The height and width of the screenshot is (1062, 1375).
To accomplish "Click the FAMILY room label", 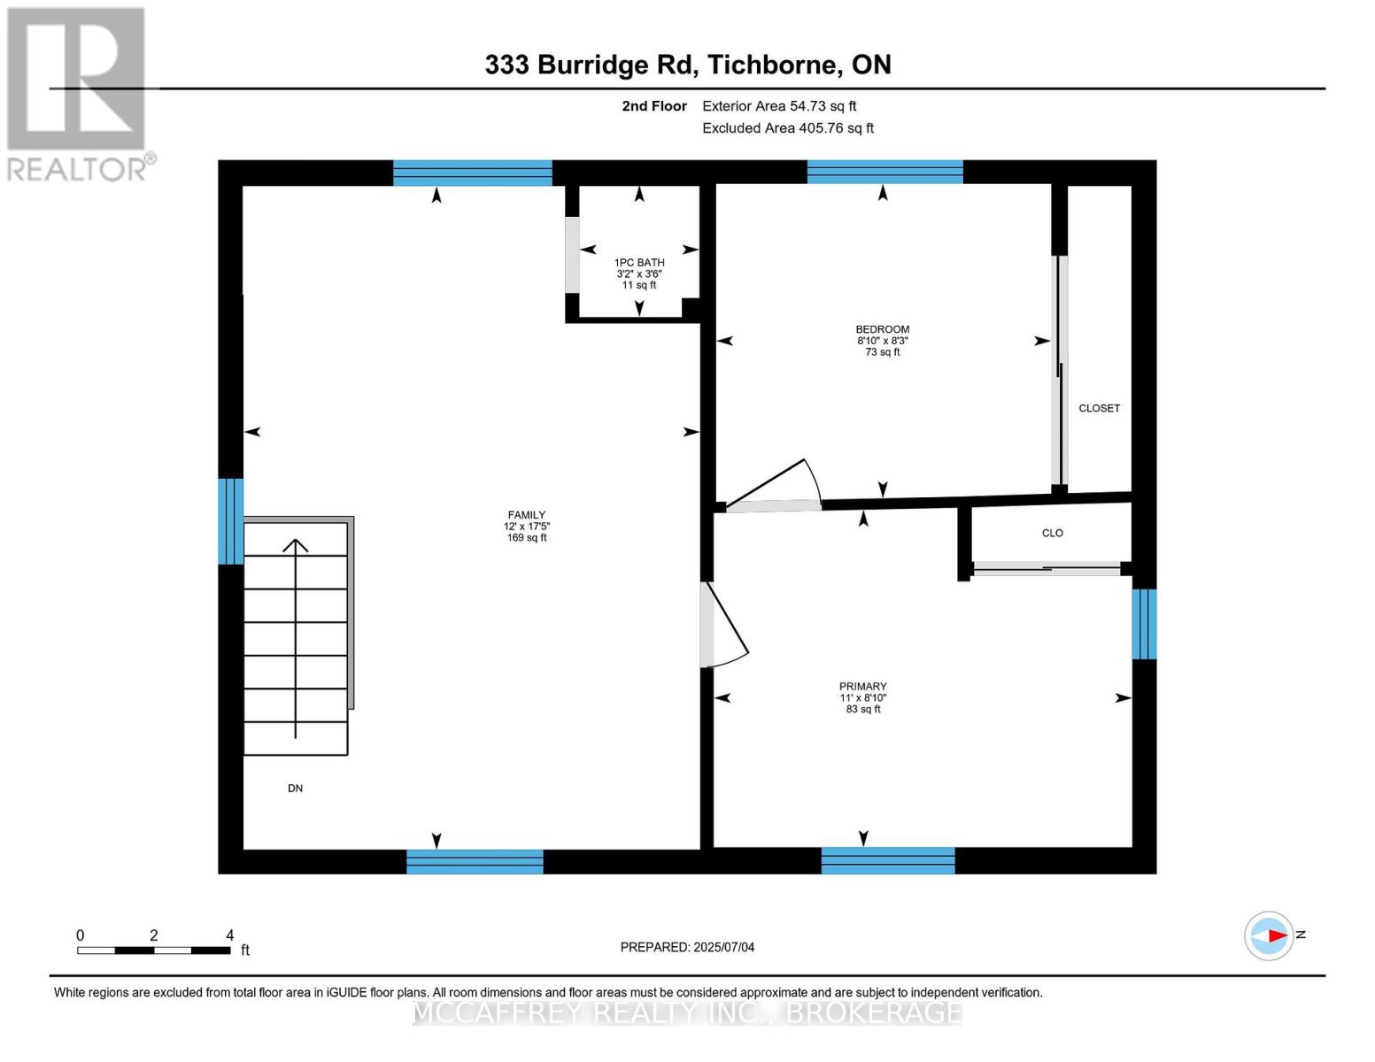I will coord(526,515).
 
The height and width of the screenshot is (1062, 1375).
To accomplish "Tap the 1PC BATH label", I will coord(639,263).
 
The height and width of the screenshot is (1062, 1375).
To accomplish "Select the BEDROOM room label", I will coord(882,329).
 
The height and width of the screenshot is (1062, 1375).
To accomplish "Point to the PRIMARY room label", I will coord(862,687).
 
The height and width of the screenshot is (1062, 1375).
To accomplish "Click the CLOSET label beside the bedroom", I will coord(1099,408).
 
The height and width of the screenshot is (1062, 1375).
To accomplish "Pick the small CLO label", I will coord(1052,533).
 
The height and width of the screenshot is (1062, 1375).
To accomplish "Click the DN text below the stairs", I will coord(295,788).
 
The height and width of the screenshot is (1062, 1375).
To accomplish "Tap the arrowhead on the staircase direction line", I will coord(295,545).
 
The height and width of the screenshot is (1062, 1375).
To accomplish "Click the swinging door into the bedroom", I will coord(779,487).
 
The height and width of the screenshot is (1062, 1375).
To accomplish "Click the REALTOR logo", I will coord(78,93).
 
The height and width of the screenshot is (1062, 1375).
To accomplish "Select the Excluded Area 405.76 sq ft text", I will coord(787,128).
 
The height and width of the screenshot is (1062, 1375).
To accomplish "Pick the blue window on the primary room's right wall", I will coord(1144,624).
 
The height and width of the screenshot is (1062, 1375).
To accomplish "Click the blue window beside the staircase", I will coord(231,520).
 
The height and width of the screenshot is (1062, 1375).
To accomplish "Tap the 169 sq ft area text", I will coord(526,538).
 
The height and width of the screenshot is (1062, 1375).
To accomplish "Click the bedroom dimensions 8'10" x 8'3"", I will coord(882,341).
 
